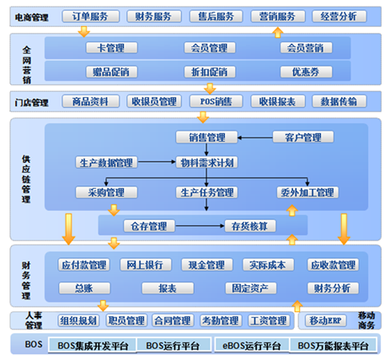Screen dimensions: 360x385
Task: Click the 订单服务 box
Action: tap(90, 16)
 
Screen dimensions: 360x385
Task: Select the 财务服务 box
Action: tap(154, 16)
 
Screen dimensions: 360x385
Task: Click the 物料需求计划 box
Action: tap(206, 162)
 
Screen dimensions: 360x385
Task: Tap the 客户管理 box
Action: tap(302, 137)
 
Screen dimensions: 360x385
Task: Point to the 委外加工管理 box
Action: tap(307, 192)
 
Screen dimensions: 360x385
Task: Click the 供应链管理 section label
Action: tap(24, 177)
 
